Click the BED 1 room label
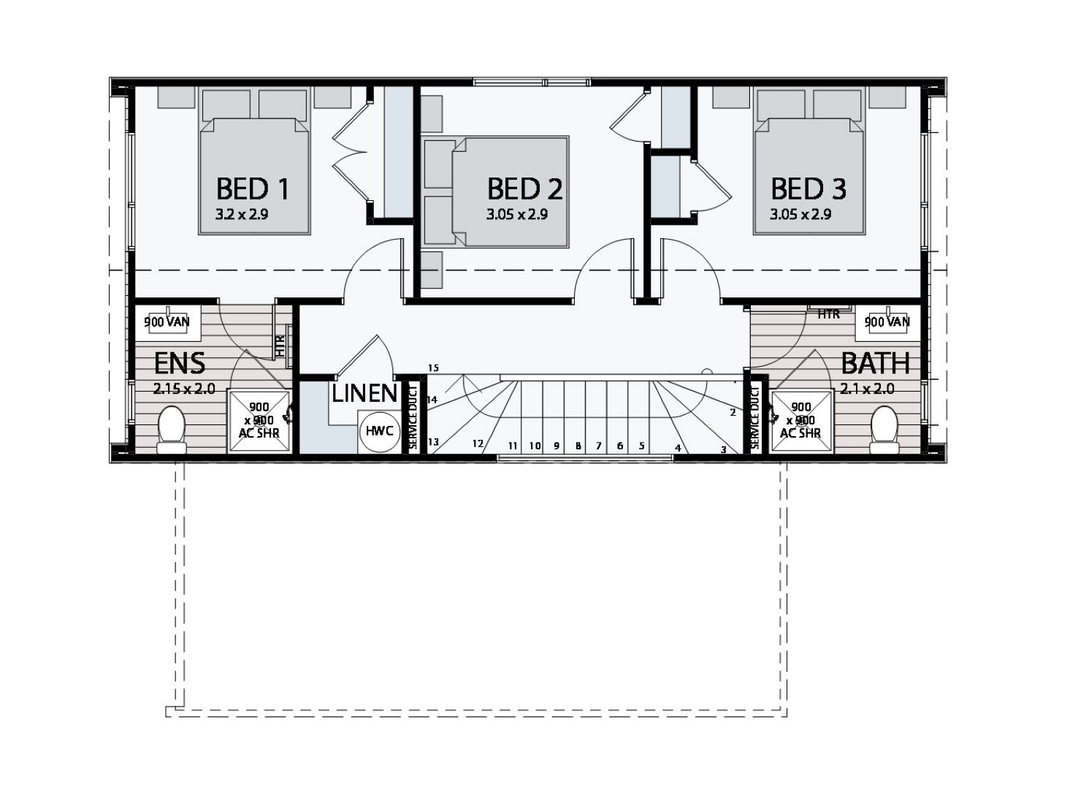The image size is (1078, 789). click(x=253, y=189)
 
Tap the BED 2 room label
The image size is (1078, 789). click(x=524, y=189)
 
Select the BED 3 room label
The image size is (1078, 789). click(x=808, y=189)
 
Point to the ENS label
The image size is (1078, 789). click(x=179, y=363)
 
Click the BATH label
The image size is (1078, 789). click(x=875, y=363)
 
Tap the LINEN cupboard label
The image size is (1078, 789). click(x=364, y=394)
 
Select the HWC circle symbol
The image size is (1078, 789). click(x=380, y=431)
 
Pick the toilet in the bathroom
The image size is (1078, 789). click(x=884, y=428)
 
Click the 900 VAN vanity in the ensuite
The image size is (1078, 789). click(x=167, y=322)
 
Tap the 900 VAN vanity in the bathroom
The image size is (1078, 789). click(x=887, y=322)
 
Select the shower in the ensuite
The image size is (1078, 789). click(x=259, y=422)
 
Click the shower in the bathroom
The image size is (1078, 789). click(x=800, y=422)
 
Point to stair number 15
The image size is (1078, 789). click(x=434, y=368)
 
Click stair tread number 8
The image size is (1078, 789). click(x=578, y=446)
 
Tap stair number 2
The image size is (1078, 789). click(x=733, y=413)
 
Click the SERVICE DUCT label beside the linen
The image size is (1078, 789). click(x=413, y=417)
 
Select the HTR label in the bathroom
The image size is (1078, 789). click(x=828, y=315)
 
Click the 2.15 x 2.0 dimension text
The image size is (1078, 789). click(x=184, y=389)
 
